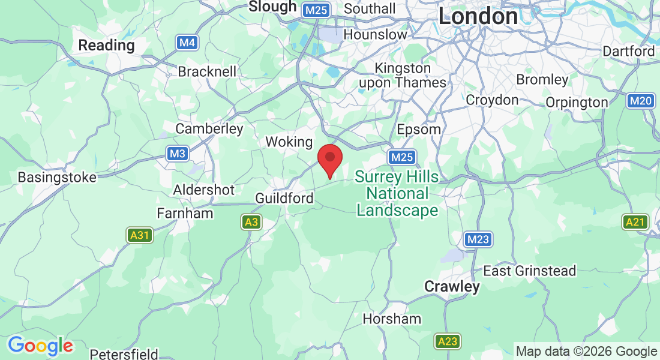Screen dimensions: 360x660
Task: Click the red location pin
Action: (x=329, y=158)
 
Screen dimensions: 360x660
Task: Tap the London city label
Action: (x=478, y=16)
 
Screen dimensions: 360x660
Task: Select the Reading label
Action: (x=106, y=45)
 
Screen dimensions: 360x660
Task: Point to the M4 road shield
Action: (x=187, y=43)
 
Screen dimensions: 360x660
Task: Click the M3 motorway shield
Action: (x=177, y=154)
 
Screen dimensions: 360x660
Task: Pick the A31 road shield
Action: (x=139, y=235)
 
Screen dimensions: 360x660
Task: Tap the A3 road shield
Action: (x=251, y=223)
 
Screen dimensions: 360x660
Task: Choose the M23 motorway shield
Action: (x=478, y=240)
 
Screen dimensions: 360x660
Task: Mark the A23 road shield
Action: (x=447, y=341)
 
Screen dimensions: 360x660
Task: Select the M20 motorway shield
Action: (x=641, y=101)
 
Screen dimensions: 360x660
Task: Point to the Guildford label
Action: (x=284, y=198)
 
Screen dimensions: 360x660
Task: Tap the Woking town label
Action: (x=289, y=142)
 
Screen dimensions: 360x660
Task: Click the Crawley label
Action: (x=452, y=287)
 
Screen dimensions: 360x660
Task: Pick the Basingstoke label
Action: (x=57, y=178)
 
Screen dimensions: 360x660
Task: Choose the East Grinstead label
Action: (x=530, y=271)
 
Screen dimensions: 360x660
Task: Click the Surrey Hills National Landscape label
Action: (x=397, y=194)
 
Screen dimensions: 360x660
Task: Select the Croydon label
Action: (x=492, y=100)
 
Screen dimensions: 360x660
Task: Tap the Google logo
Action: (x=40, y=346)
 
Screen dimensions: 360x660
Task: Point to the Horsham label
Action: (x=392, y=319)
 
